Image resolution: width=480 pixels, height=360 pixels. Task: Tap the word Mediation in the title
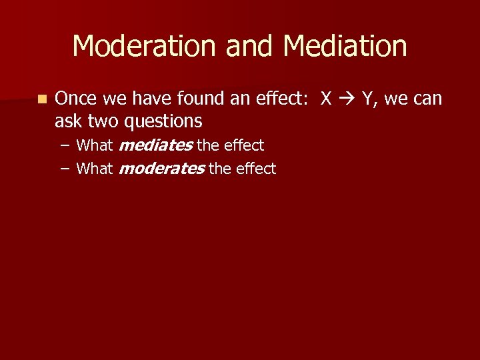pyautogui.click(x=345, y=47)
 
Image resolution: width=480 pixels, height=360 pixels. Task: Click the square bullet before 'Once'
pyautogui.click(x=43, y=99)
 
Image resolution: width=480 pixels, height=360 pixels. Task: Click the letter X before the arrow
pyautogui.click(x=326, y=99)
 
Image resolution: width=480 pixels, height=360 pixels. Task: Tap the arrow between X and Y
pyautogui.click(x=347, y=99)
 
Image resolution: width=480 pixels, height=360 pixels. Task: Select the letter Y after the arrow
pyautogui.click(x=367, y=99)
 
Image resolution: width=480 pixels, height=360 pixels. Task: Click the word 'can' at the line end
pyautogui.click(x=427, y=99)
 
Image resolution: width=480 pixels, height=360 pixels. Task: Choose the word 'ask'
pyautogui.click(x=68, y=121)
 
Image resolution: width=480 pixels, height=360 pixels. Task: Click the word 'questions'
pyautogui.click(x=163, y=121)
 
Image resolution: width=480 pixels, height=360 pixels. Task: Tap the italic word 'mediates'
pyautogui.click(x=155, y=145)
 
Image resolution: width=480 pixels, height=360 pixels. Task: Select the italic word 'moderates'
pyautogui.click(x=161, y=169)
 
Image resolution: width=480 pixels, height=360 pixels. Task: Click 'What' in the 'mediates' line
pyautogui.click(x=95, y=145)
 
